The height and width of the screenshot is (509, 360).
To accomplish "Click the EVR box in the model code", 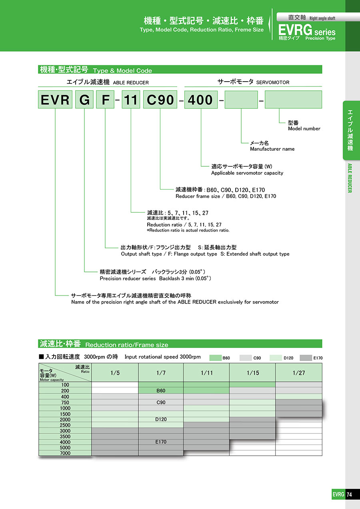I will tap(55, 100).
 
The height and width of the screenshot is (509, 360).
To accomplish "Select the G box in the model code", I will tap(84, 100).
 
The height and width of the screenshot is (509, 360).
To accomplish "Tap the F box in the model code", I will tap(105, 100).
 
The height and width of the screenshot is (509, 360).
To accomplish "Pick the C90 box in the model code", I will tap(160, 100).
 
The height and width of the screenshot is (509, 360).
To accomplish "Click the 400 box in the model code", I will tap(201, 100).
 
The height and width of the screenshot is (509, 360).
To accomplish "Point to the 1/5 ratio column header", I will tap(115, 373).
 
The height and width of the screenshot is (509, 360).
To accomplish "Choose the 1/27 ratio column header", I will tap(298, 373).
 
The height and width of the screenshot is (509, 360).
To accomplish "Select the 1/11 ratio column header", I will tap(206, 373).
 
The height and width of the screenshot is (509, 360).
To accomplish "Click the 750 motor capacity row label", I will tap(65, 402).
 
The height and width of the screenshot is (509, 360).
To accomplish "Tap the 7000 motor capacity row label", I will tap(65, 453).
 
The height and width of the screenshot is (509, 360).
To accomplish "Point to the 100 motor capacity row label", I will tap(65, 385).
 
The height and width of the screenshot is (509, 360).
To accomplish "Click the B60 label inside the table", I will tap(160, 391).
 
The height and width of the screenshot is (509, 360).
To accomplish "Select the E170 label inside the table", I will tap(160, 442).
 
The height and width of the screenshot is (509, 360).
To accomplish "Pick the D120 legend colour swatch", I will tap(276, 358).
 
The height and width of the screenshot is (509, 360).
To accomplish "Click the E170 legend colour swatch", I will tap(306, 358).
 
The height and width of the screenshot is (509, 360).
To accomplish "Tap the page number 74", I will tap(349, 494).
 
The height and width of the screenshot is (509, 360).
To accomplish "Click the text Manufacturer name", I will tap(272, 149).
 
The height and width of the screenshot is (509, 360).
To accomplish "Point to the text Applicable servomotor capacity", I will tap(247, 173).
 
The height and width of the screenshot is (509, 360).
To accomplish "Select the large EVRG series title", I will tap(307, 31).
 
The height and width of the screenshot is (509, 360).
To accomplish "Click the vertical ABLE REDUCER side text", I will tap(349, 178).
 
